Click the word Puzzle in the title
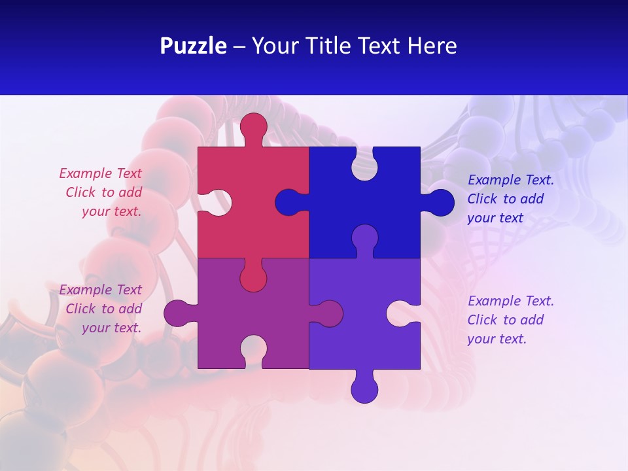point(194,46)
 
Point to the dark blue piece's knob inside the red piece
point(288,203)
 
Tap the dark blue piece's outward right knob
point(440,203)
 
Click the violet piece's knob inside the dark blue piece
point(364,238)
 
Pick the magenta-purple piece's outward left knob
point(177,313)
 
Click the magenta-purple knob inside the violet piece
point(329,313)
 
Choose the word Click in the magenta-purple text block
point(81,309)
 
